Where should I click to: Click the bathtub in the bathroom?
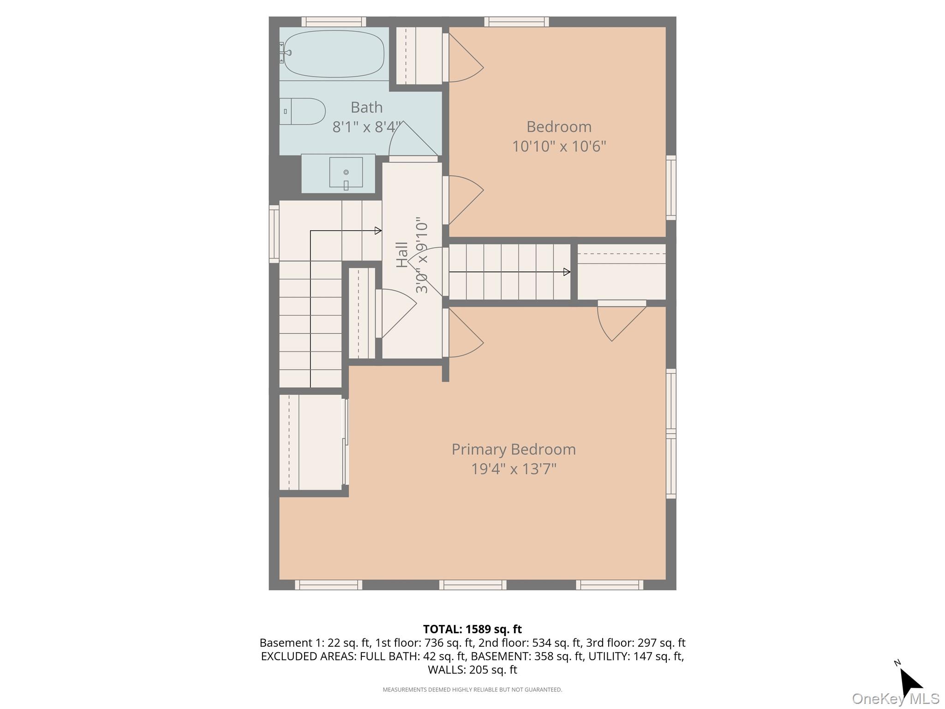(334, 54)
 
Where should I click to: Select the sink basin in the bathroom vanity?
(346, 172)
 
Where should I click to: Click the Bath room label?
(366, 107)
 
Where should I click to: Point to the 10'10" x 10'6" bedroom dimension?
(558, 146)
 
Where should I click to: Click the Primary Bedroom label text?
(513, 449)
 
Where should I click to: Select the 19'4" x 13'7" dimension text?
(513, 469)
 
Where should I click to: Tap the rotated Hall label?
(402, 255)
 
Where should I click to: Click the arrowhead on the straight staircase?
(567, 272)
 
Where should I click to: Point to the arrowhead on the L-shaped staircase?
(378, 230)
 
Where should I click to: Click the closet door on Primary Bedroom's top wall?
(621, 321)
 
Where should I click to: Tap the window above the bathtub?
(334, 22)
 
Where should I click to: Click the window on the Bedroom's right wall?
(671, 187)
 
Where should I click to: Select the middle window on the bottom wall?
(472, 585)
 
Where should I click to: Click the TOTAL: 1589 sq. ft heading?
(472, 629)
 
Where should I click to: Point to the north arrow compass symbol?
(909, 682)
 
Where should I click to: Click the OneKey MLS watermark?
(895, 699)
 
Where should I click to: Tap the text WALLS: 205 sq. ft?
(472, 670)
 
